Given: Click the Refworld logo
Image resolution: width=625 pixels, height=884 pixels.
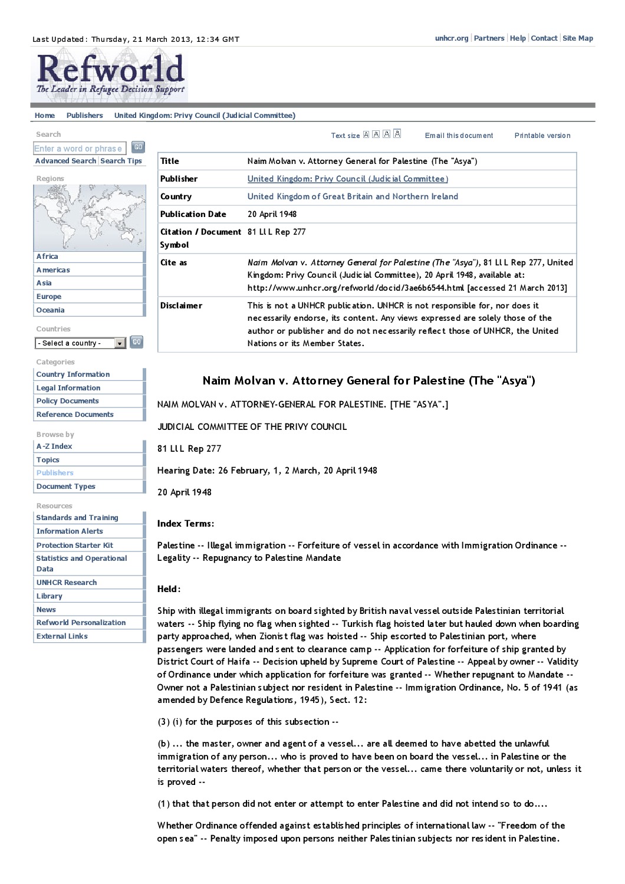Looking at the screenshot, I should point(110,75).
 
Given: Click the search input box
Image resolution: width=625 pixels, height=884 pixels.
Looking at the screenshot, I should point(78,149).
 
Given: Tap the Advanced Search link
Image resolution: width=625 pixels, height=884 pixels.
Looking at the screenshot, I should point(65,160).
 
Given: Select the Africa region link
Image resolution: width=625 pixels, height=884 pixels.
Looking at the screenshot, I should point(47,257).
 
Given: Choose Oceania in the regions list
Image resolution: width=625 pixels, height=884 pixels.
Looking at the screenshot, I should point(51,310).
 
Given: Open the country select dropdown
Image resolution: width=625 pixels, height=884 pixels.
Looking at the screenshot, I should point(80,343).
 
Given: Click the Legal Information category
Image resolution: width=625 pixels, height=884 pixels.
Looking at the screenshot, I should point(68,388).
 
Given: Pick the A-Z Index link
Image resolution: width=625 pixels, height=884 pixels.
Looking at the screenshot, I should point(54,446).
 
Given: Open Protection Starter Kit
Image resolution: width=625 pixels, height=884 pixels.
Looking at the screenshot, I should point(75,545).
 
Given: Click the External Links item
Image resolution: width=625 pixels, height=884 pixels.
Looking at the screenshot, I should point(62,636).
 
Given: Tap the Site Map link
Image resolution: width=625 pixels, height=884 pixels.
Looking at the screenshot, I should point(578,38).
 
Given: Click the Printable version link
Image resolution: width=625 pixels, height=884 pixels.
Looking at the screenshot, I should point(542,136).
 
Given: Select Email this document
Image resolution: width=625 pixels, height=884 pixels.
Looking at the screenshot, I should point(459,136).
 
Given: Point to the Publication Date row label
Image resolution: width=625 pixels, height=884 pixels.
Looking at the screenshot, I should point(193,214).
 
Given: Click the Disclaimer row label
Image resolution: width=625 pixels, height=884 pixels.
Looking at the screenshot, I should point(181,305).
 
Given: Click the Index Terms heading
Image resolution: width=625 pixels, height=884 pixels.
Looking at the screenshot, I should point(185,524).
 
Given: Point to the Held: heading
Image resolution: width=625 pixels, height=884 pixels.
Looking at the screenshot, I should point(169,589).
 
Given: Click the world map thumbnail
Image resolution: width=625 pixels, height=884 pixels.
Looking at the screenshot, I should point(89,218).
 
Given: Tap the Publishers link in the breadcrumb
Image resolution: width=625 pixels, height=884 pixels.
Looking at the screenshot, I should point(84,116).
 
